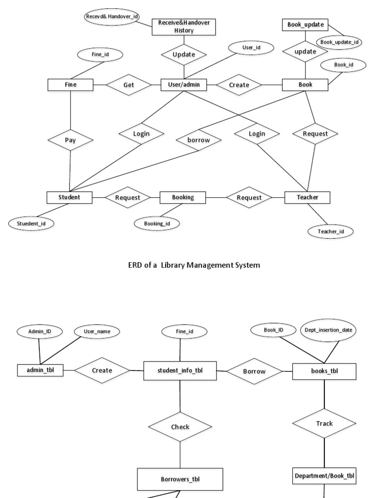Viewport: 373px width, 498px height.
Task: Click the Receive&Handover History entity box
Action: [x=183, y=27]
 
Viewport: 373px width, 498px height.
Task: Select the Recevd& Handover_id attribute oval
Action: [x=112, y=17]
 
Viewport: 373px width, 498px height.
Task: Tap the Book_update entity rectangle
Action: [x=305, y=24]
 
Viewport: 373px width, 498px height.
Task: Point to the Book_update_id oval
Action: [x=339, y=42]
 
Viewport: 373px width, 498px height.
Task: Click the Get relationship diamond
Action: [x=129, y=85]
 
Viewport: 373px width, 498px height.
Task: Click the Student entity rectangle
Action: [x=69, y=197]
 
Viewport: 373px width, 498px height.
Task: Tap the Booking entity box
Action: [x=183, y=197]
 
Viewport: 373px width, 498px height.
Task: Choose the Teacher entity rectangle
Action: [x=307, y=197]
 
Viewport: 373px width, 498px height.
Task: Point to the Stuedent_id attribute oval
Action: [x=31, y=223]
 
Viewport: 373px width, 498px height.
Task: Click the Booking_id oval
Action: [x=156, y=223]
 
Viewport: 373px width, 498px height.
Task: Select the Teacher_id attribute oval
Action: [x=331, y=231]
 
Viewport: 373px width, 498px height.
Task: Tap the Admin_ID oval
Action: [x=39, y=331]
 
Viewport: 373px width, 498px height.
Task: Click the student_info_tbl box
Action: [x=180, y=371]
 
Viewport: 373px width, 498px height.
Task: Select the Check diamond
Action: [x=180, y=427]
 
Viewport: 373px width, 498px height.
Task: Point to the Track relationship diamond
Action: [x=324, y=423]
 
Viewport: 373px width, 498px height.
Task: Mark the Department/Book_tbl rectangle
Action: [x=324, y=476]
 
